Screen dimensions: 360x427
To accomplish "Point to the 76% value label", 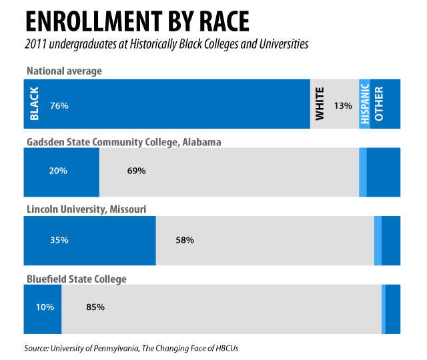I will [59, 105].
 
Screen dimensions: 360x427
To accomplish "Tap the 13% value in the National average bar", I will [343, 105].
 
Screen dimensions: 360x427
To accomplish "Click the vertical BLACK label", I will [35, 104].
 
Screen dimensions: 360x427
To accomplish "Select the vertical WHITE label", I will [320, 104].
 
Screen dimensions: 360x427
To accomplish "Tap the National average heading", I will [65, 71].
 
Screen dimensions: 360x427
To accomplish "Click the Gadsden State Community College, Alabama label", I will [123, 141].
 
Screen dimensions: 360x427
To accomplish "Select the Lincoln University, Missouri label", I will [86, 209].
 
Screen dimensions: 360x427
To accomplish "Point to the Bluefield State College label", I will [76, 279].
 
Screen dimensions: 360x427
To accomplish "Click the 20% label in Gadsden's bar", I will [58, 171].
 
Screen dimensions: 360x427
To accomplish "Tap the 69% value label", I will [136, 171].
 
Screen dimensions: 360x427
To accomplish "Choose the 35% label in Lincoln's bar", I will [59, 240].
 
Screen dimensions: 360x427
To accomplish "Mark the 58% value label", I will [184, 240].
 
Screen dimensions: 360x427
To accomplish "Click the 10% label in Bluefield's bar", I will [44, 308].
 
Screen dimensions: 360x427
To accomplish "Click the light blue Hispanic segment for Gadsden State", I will [363, 172].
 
